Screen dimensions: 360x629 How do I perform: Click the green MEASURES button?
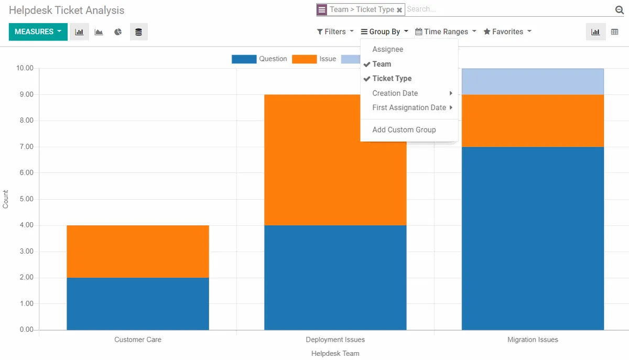[38, 32]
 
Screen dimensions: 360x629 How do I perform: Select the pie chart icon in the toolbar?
[118, 32]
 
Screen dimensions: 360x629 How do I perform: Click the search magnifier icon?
[619, 10]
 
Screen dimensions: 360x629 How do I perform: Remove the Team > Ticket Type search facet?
[399, 10]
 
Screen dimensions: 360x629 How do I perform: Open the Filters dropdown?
[335, 32]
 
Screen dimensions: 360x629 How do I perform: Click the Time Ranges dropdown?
[446, 32]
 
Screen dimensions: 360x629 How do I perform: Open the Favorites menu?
[507, 32]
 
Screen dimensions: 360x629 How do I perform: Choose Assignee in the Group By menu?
[387, 49]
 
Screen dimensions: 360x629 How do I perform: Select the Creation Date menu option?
[395, 93]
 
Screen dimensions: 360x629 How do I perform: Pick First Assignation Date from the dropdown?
[409, 107]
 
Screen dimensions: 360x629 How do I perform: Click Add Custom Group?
[404, 130]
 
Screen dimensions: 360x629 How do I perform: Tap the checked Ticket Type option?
[392, 79]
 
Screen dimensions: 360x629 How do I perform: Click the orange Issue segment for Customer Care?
[138, 252]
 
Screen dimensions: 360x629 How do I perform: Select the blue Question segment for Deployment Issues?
[335, 278]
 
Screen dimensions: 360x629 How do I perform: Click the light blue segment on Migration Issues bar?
[533, 82]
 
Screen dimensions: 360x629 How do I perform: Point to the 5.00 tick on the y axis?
[25, 199]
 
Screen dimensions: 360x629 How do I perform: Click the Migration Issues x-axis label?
[533, 340]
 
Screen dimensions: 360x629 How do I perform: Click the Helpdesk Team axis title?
[335, 354]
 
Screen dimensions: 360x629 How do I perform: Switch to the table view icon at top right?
[615, 32]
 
